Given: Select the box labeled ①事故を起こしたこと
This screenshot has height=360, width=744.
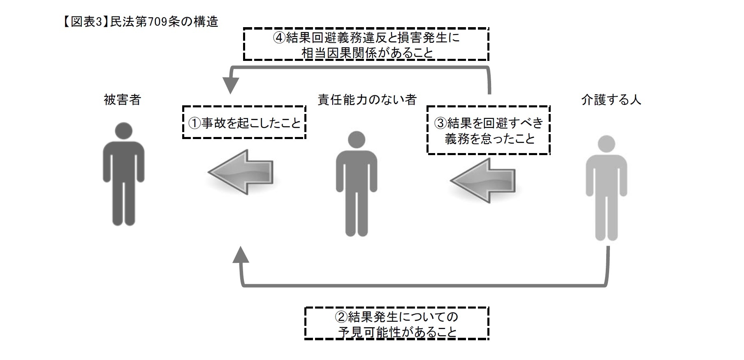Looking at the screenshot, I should (244, 122).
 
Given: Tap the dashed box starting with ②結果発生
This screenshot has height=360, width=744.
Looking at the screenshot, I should (396, 323).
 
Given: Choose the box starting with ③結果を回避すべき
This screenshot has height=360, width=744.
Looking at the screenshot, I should (489, 130).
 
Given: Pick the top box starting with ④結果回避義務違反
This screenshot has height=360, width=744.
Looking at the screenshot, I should (366, 44).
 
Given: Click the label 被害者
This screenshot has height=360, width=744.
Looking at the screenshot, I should (122, 100).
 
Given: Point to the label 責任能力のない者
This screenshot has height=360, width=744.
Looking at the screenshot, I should (367, 100).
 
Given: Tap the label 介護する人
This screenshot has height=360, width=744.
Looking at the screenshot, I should (611, 100).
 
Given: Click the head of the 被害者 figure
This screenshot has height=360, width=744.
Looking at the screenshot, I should (123, 131).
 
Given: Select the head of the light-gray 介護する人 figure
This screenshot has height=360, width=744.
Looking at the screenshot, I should (606, 144).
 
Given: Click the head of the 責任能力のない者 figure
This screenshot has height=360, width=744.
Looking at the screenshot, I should (356, 140).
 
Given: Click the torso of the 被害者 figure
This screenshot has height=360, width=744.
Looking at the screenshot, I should (123, 160).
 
